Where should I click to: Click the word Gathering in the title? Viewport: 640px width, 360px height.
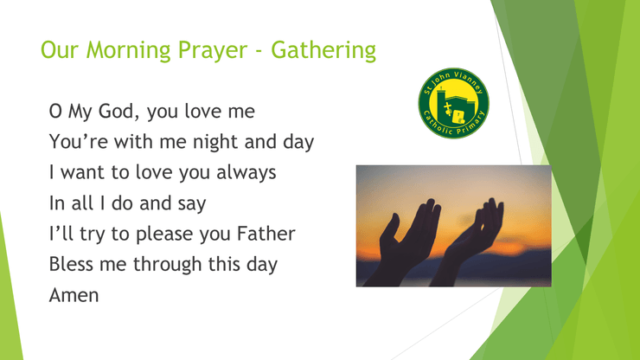pyautogui.click(x=323, y=51)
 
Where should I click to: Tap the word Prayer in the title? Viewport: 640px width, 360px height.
pyautogui.click(x=213, y=51)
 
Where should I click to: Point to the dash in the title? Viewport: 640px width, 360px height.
pyautogui.click(x=259, y=52)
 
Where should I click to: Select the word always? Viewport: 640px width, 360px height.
pyautogui.click(x=246, y=173)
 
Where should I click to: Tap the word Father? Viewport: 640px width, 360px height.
pyautogui.click(x=266, y=234)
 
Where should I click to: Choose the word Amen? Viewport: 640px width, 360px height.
pyautogui.click(x=74, y=295)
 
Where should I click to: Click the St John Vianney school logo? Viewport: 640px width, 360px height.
pyautogui.click(x=453, y=103)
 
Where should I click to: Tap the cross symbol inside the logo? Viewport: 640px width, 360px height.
pyautogui.click(x=448, y=109)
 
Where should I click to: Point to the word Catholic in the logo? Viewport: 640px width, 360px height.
pyautogui.click(x=438, y=125)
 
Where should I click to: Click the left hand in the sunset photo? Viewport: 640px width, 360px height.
pyautogui.click(x=404, y=241)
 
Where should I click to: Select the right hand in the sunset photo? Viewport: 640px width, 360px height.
pyautogui.click(x=470, y=241)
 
